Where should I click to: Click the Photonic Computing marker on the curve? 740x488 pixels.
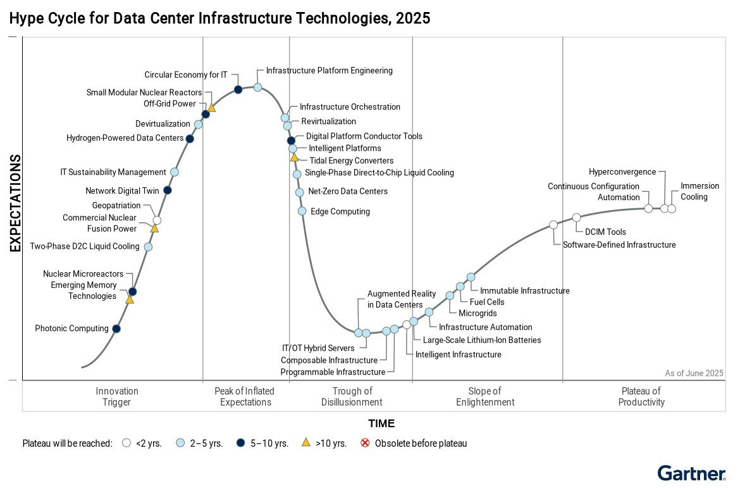point(116,328)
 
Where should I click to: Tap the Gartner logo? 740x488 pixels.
point(691,473)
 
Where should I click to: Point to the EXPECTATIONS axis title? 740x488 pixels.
point(15,203)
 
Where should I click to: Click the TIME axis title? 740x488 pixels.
point(381,423)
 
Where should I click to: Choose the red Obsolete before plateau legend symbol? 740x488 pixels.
point(365,443)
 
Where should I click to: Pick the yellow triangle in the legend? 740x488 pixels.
point(306,443)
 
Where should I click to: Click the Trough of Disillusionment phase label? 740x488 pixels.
point(352,396)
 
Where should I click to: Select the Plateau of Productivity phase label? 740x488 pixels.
point(641,396)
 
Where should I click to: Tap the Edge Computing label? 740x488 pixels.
point(340,211)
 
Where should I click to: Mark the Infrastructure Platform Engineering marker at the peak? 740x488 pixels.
point(258,87)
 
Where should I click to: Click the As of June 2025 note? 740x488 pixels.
point(694,373)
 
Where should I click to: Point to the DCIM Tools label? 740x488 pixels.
point(605,232)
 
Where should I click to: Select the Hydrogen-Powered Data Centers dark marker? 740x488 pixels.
point(190,139)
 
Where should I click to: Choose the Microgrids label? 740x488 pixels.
point(478,313)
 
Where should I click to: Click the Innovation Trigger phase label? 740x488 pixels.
point(117,396)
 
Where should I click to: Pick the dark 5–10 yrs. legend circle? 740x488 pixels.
point(242,443)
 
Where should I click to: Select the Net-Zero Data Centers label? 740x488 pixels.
point(348,191)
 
